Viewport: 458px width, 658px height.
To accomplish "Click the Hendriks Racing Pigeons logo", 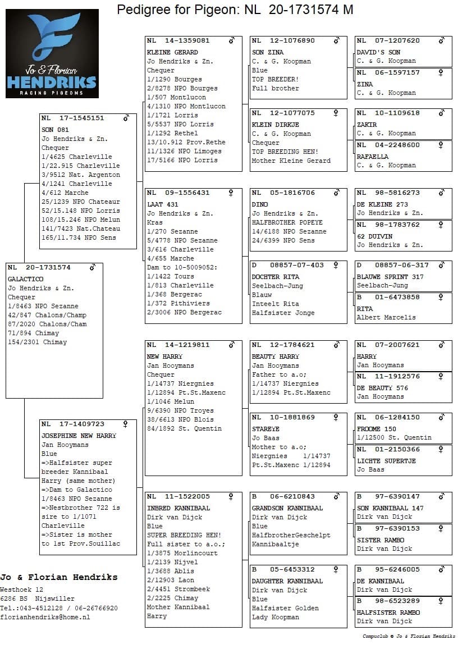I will [52, 53].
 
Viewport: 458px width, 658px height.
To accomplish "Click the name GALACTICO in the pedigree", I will [25, 279].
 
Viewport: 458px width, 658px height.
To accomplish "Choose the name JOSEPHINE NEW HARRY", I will [79, 436].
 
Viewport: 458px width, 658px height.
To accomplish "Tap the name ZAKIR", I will [367, 125].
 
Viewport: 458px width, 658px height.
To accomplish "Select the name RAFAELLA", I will [372, 157].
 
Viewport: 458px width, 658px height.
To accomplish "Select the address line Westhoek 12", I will [22, 590].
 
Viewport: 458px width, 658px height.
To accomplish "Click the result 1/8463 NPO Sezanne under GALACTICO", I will [43, 306].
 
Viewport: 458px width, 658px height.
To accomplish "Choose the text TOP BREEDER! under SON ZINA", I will [275, 79].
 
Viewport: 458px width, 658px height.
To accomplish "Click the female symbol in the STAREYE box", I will [336, 418].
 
